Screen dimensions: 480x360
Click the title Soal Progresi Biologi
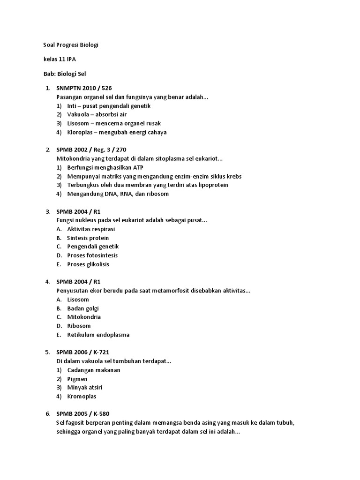pos(68,45)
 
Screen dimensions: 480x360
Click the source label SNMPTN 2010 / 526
pos(84,88)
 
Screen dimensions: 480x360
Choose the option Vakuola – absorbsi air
pos(97,114)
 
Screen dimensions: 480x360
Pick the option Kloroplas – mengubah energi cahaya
pos(117,132)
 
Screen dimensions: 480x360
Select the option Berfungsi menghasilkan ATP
pos(105,167)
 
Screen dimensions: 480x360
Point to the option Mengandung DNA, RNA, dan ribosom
pos(118,194)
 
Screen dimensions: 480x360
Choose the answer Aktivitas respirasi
pos(91,229)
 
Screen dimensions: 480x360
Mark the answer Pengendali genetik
pos(93,247)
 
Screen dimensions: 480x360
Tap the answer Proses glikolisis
pos(88,264)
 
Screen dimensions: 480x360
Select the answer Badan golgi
pos(83,308)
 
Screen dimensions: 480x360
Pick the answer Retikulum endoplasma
pos(98,335)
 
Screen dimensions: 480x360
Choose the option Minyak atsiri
pos(85,388)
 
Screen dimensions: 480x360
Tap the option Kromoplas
pos(82,397)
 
